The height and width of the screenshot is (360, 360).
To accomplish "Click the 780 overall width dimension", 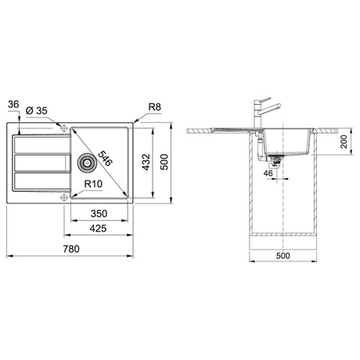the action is coord(71,249).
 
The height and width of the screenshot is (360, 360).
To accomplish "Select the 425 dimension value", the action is coord(98,229).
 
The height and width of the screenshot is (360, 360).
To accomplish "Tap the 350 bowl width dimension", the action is coord(99,214).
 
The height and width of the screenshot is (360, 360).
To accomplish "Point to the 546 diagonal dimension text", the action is coord(105,158).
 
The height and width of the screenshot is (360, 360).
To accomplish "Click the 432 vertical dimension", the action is coord(146,162).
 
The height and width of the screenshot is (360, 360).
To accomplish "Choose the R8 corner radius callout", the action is coord(155,107).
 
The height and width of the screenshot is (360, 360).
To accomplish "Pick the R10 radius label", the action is coord(93,184).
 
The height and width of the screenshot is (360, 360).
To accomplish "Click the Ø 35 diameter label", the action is coord(37,111).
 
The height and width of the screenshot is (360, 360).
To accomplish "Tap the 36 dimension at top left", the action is coord(13,105).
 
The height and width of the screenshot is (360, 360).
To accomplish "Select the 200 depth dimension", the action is coord(344,142).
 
